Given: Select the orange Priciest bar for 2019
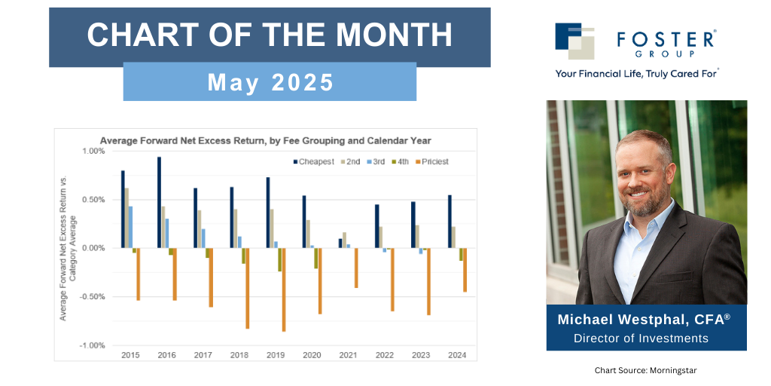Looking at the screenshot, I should (x=284, y=289).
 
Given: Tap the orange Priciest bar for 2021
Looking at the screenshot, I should (x=356, y=268).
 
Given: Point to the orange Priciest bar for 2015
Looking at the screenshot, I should (x=139, y=274).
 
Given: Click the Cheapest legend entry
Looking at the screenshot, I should (x=313, y=162).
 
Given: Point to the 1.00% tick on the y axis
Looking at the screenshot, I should (x=93, y=152).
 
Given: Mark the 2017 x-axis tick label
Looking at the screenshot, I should (x=203, y=354).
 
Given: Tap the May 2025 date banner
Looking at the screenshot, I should (x=270, y=81).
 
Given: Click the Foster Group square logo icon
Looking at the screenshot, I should (x=574, y=41).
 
